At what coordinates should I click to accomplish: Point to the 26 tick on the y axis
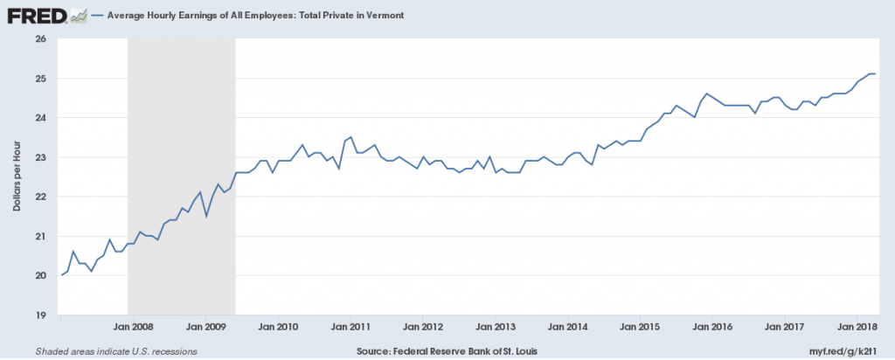40,38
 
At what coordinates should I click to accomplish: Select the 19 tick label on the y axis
40,315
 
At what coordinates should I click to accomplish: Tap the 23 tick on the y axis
40,157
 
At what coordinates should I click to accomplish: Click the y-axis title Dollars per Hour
17,177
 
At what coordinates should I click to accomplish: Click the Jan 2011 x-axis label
350,327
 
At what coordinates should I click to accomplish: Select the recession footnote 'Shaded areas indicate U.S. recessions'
116,350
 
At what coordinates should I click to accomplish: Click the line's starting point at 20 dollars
60,275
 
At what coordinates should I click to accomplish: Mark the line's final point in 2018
875,73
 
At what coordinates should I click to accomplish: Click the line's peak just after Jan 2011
350,137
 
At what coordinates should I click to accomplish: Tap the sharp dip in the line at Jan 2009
205,216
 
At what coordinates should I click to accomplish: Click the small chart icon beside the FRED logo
77,15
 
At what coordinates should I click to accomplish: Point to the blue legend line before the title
94,16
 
